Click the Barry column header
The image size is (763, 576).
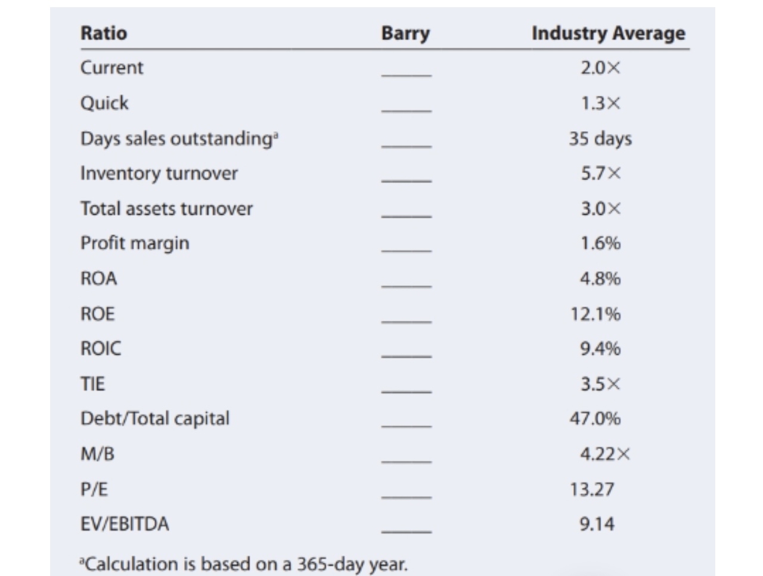tap(405, 33)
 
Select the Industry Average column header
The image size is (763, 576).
tap(608, 33)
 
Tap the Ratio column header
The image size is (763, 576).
tap(104, 33)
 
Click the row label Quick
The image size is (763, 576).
tap(104, 103)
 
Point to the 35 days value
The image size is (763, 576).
tap(600, 138)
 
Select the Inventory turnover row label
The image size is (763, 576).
tap(159, 174)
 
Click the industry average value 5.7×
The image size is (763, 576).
tap(600, 174)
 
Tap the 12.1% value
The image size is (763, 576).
tap(595, 314)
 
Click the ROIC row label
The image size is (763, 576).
tap(100, 348)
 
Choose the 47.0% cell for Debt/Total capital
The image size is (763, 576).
tap(595, 419)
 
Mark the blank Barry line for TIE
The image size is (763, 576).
tap(406, 391)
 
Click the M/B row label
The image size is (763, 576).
tap(97, 454)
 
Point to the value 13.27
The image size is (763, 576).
tap(591, 490)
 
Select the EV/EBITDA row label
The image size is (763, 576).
tap(125, 524)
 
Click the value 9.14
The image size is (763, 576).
tap(597, 524)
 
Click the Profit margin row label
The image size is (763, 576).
tap(135, 243)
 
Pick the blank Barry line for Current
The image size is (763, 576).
tap(406, 75)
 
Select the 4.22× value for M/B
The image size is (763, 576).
tap(604, 454)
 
